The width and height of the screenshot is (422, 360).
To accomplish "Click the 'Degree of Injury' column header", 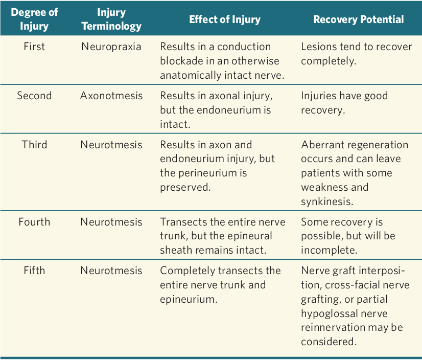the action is tap(34, 19).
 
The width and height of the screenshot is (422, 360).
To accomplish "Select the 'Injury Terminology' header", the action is tap(111, 19).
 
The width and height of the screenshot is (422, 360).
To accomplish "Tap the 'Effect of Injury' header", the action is tap(225, 19).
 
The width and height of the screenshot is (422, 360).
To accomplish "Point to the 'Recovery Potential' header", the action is tap(359, 19).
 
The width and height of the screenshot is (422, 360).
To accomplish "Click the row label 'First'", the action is tap(34, 47).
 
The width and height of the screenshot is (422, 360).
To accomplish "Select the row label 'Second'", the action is tap(34, 96).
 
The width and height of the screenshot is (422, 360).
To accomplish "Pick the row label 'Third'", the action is tap(34, 145).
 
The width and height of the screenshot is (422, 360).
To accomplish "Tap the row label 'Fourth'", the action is tap(34, 222).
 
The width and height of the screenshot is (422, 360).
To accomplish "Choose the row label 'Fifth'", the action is tap(34, 271).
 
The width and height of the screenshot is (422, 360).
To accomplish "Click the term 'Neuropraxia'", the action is tap(111, 47).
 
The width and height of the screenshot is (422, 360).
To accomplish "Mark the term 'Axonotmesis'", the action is tap(111, 96).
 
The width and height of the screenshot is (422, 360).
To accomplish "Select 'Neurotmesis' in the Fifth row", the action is tap(111, 271).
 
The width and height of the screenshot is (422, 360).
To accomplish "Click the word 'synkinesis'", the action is tap(327, 201).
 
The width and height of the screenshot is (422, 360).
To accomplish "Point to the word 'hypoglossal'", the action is tap(330, 313).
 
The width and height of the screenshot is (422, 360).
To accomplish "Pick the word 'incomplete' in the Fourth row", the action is tap(329, 251).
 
